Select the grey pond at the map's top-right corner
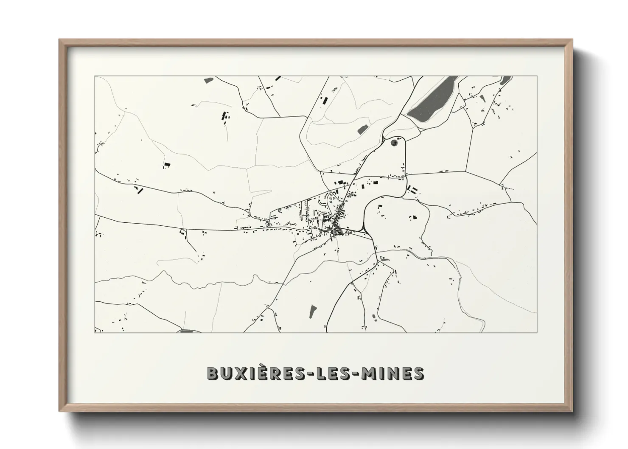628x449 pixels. tap(505, 81)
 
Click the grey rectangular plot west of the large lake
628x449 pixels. tap(363, 129)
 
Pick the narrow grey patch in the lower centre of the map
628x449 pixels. tap(313, 310)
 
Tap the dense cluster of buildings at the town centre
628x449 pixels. tap(338, 230)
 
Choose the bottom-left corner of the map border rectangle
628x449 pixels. tap(95, 332)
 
